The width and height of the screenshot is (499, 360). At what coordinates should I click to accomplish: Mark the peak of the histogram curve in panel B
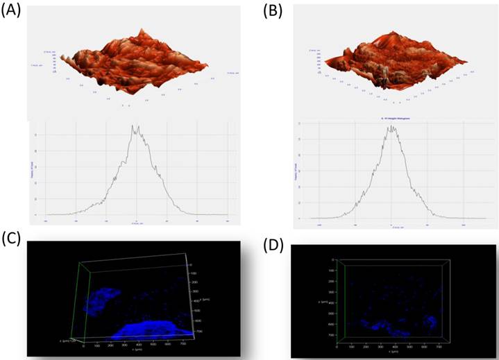(392, 127)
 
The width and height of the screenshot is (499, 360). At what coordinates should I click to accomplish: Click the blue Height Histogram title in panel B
(393, 119)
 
